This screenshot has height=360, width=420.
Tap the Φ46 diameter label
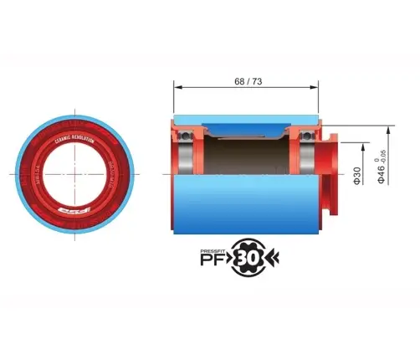point(382,173)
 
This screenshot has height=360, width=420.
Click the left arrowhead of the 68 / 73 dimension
point(177,86)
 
